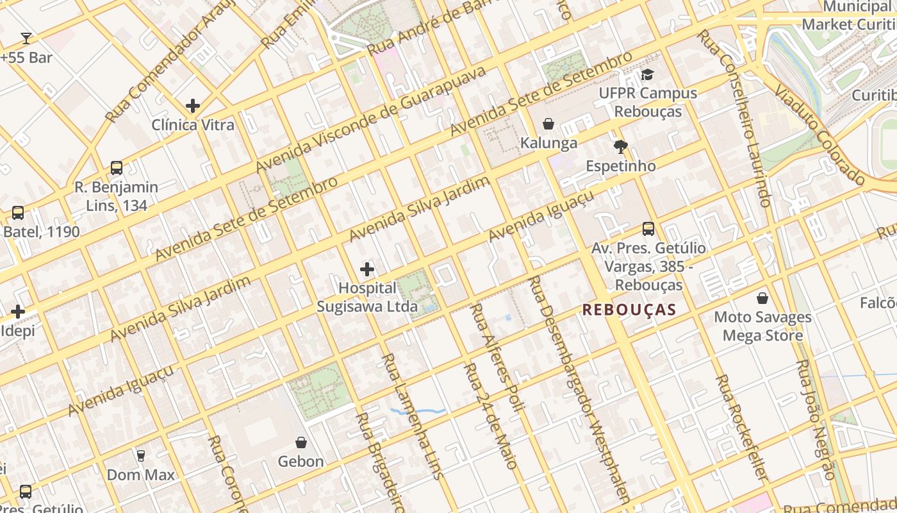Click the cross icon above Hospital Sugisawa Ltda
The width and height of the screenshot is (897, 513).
tap(367, 269)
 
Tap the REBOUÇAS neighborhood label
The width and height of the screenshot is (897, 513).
tap(629, 310)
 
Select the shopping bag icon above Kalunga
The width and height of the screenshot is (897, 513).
tap(548, 124)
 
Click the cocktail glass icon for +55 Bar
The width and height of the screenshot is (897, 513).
tap(26, 38)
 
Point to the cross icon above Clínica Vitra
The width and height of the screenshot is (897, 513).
tap(192, 106)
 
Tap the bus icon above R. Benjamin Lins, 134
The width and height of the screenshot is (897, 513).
tap(116, 168)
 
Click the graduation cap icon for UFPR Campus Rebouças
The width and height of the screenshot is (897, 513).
tap(647, 74)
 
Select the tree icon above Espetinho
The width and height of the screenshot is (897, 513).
tap(620, 147)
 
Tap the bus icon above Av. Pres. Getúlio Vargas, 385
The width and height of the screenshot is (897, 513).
tap(648, 229)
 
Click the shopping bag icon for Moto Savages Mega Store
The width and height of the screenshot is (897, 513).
tap(762, 298)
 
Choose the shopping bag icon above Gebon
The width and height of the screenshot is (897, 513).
tap(300, 442)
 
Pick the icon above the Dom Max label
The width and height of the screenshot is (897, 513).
tap(140, 456)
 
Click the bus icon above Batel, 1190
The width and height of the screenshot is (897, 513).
tap(18, 213)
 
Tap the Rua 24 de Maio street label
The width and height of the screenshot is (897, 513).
tap(490, 416)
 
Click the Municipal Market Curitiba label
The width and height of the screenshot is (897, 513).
tap(849, 16)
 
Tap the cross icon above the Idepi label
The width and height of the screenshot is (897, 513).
tap(18, 312)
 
